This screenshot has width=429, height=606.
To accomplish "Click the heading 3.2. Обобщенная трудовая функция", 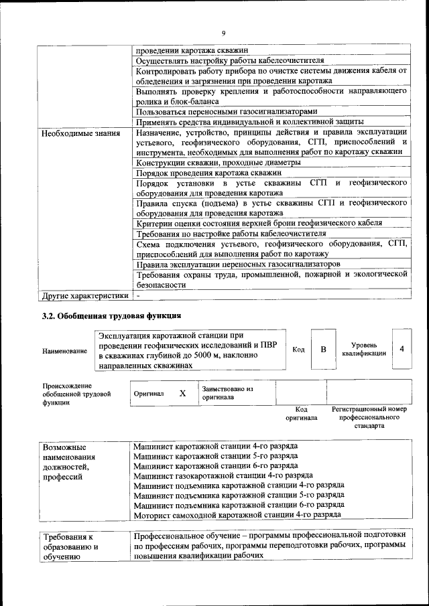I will (111, 315).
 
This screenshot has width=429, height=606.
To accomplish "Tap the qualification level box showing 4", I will (402, 349).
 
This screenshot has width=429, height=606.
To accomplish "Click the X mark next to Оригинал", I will (182, 393).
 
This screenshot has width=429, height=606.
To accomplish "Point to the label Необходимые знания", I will (81, 133).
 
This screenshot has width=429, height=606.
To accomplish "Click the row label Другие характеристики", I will (84, 295).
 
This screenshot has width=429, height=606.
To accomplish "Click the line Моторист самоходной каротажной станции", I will (237, 514).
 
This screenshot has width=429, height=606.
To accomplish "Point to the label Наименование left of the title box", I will (64, 351).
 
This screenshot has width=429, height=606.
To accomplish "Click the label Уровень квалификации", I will (363, 349).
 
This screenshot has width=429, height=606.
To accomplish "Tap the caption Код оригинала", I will (301, 413).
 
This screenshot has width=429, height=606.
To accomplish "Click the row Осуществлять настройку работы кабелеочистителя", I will (230, 60).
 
